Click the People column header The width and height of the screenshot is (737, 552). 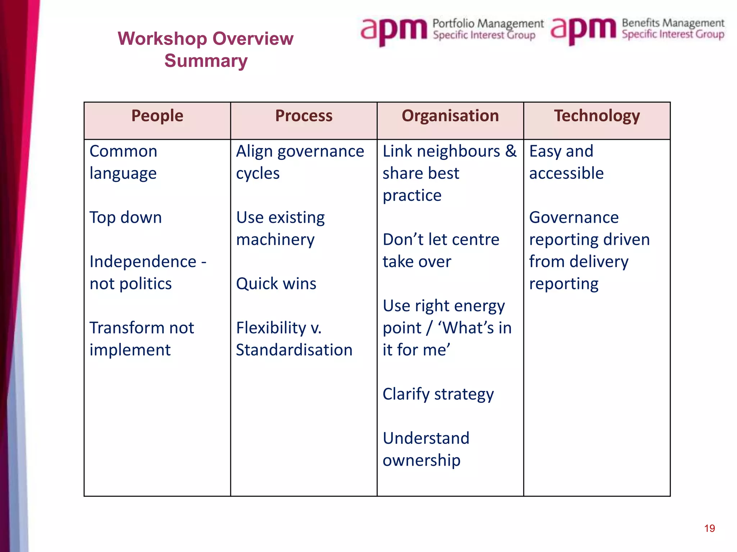tap(157, 116)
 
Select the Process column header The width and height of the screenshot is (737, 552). tap(304, 116)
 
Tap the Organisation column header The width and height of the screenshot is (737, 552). tap(450, 116)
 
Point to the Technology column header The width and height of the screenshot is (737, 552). tap(597, 116)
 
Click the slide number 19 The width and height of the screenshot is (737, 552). tap(709, 528)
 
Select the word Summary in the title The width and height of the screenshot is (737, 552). tap(206, 61)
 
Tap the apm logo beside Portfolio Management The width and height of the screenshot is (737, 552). tap(394, 30)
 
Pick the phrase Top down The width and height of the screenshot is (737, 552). tap(126, 218)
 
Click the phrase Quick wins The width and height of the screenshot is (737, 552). tap(276, 284)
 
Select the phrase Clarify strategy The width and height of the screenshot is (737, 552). tap(438, 394)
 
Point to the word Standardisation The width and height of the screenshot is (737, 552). tap(294, 350)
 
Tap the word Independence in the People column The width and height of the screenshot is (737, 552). tap(143, 262)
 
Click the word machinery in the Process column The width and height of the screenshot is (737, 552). tap(275, 240)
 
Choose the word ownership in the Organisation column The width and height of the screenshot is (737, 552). tap(421, 460)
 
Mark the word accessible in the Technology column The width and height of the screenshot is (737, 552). tap(566, 174)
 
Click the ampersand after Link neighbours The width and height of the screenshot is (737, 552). tap(511, 151)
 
